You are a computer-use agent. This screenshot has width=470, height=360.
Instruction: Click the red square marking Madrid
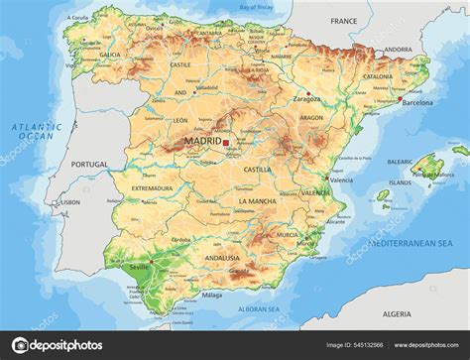pyautogui.click(x=226, y=144)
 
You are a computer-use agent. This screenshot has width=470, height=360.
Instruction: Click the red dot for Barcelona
pyautogui.click(x=401, y=99)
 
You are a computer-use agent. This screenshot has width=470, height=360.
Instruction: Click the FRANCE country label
pyautogui.click(x=343, y=20)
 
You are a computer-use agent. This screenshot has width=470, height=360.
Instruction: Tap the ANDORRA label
pyautogui.click(x=398, y=49)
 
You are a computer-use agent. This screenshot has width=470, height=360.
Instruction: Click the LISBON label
pyautogui.click(x=70, y=201)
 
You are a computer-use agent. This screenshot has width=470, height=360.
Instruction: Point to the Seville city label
pyautogui.click(x=138, y=266)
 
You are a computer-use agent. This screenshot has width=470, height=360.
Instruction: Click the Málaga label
pyautogui.click(x=211, y=295)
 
